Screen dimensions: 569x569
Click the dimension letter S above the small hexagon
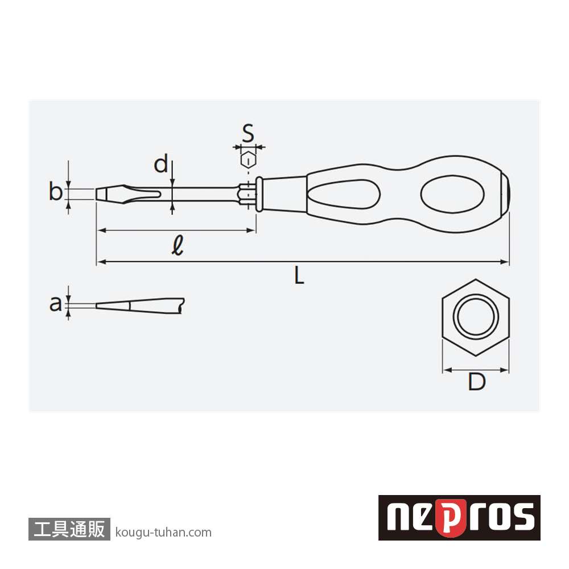[248, 133]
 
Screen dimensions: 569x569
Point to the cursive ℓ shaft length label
[178, 245]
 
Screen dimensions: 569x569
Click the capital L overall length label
[299, 275]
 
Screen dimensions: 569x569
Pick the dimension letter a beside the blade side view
[56, 303]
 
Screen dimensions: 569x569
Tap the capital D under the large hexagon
[476, 381]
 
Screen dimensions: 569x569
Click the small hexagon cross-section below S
[248, 160]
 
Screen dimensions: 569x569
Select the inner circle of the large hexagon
[476, 316]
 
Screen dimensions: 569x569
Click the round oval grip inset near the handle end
[452, 194]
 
